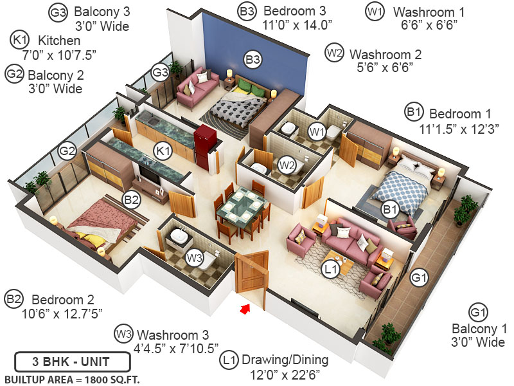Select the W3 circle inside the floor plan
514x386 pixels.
[x=194, y=258]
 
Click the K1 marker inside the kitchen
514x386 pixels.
[x=163, y=152]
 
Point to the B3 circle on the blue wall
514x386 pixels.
[x=253, y=60]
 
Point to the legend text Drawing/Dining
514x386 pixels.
[x=283, y=360]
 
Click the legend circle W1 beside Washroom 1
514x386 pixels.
[x=375, y=11]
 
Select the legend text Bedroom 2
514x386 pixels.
[x=63, y=300]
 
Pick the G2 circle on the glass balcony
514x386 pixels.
[x=67, y=152]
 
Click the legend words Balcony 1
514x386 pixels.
[x=477, y=327]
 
